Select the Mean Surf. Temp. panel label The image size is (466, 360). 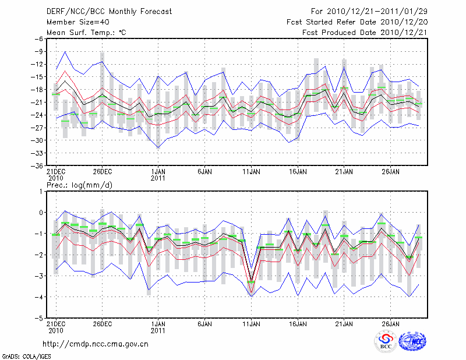(x=86, y=33)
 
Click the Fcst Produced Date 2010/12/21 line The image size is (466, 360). (x=365, y=33)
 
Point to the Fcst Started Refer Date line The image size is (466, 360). (x=356, y=22)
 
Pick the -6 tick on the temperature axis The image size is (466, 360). (x=38, y=39)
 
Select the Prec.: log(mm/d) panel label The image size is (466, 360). (x=80, y=185)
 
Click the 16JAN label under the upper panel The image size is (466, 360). (x=298, y=172)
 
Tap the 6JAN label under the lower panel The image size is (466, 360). (x=204, y=323)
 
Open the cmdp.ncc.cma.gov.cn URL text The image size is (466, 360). (x=96, y=344)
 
